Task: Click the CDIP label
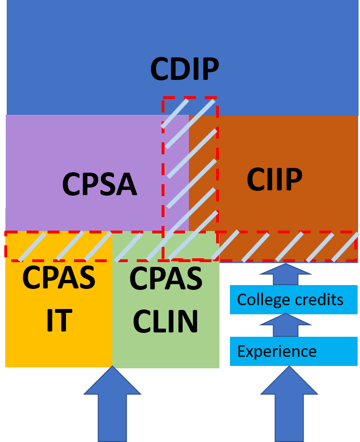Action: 185,69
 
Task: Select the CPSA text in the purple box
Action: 99,185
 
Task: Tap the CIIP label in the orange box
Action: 274,180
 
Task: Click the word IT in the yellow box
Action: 59,320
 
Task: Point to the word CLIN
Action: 165,321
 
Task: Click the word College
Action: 264,300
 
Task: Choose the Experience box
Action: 294,352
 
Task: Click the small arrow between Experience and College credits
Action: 285,325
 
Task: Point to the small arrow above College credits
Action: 285,274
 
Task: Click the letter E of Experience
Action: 241,352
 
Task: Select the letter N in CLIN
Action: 189,321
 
